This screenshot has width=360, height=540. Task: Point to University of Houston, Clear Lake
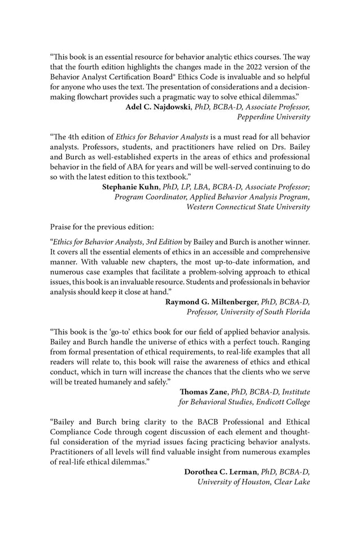point(253,482)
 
